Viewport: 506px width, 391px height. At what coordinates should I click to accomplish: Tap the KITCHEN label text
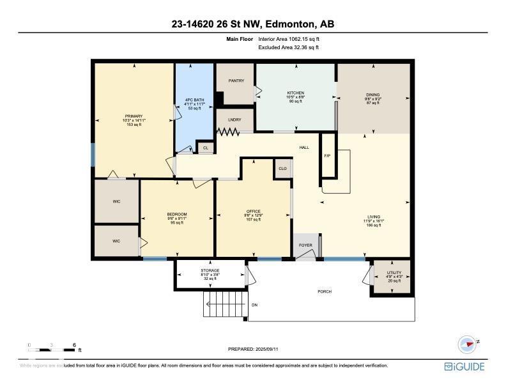(x=295, y=93)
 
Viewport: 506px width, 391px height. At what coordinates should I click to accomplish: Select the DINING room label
(x=372, y=93)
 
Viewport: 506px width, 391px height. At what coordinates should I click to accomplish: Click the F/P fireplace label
(x=327, y=156)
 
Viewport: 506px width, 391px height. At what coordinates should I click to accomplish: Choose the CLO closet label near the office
(x=283, y=169)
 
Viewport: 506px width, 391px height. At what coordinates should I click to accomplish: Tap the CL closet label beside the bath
(x=205, y=148)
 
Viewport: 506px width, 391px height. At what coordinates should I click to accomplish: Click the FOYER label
(x=305, y=245)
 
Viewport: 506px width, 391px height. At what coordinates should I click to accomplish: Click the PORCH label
(x=325, y=292)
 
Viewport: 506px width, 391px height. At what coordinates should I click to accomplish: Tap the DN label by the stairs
(x=254, y=305)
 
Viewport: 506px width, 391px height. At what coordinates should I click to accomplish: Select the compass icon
(x=468, y=344)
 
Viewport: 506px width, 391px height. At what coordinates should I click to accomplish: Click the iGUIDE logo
(x=464, y=367)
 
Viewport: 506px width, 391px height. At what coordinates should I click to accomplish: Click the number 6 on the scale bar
(x=74, y=344)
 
